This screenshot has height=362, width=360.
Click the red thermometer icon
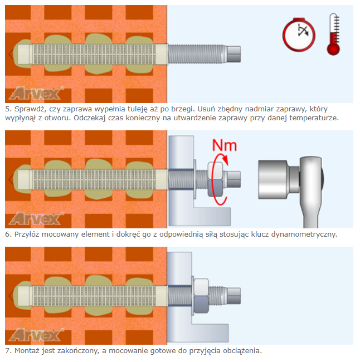(x=333, y=35)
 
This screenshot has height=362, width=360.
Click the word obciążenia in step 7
(x=241, y=351)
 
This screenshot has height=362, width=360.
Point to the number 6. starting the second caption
(x=8, y=234)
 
